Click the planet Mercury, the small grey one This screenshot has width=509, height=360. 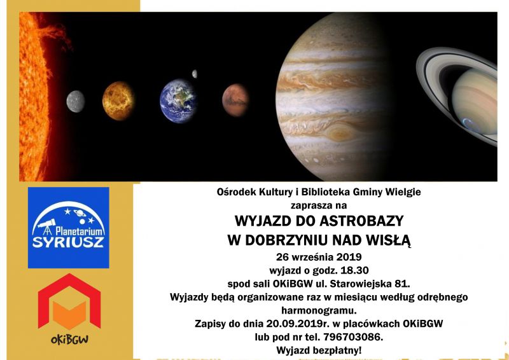pos(76,102)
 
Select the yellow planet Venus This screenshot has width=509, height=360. pos(118,101)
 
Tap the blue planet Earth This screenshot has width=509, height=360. pos(178,101)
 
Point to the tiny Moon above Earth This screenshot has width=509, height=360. pos(195,74)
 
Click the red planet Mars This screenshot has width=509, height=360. pos(235,100)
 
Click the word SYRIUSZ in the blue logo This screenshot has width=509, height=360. pos(68,242)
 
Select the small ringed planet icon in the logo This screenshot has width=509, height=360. pos(80,213)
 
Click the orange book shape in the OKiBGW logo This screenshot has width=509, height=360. pos(69,314)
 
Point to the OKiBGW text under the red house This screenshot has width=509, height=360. pos(69,340)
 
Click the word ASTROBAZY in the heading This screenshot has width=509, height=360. pos(361,221)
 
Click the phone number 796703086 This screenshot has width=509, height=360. pos(353,337)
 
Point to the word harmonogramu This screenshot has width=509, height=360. pos(319,310)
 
